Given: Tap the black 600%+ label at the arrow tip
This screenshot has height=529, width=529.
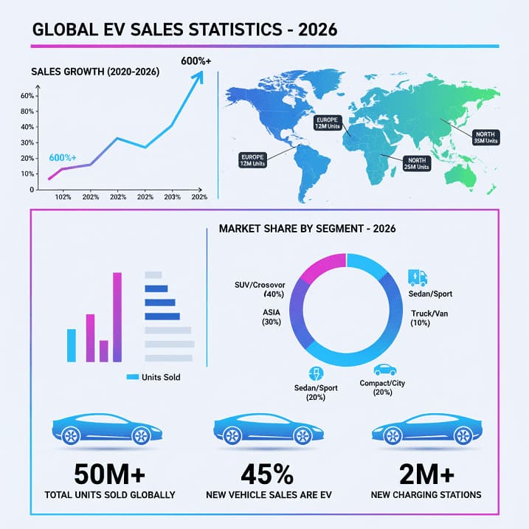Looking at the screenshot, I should pos(196,60).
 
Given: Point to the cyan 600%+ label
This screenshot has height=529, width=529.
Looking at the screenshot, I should pos(63,158).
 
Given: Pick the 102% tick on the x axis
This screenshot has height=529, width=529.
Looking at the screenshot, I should pos(63,197).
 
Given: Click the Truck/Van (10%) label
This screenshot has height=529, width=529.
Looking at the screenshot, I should pos(430,318).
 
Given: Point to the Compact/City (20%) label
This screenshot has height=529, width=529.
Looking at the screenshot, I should pos(382,388).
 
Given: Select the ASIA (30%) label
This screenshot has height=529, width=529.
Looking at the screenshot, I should pos(271,317).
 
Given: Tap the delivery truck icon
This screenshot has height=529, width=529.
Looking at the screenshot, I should pos(417,278).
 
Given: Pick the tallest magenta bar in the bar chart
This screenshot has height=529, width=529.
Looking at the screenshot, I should pos(117,317).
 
